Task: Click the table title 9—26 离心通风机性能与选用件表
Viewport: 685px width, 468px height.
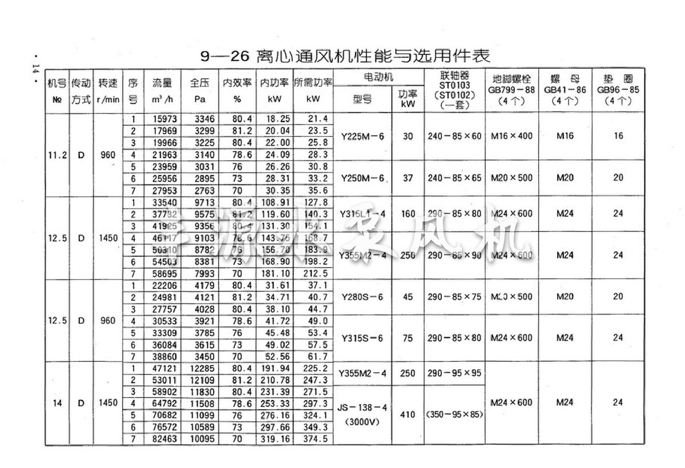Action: point(345,57)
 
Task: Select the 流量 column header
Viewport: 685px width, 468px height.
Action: point(162,83)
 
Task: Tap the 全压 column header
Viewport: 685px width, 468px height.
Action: point(199,83)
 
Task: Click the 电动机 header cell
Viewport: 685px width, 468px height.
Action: point(378,76)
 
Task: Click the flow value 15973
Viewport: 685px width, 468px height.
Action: point(162,119)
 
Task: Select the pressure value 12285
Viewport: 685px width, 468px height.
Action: point(199,368)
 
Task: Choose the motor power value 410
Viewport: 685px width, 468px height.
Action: point(408,415)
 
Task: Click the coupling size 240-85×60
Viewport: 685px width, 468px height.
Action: point(454,136)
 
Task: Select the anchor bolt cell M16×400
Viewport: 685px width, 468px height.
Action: point(511,136)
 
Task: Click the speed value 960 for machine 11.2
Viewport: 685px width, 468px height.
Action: point(108,154)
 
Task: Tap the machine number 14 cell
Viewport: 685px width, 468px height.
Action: point(57,403)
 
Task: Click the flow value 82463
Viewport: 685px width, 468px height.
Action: point(162,439)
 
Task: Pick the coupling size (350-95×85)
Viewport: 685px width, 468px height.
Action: point(454,415)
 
